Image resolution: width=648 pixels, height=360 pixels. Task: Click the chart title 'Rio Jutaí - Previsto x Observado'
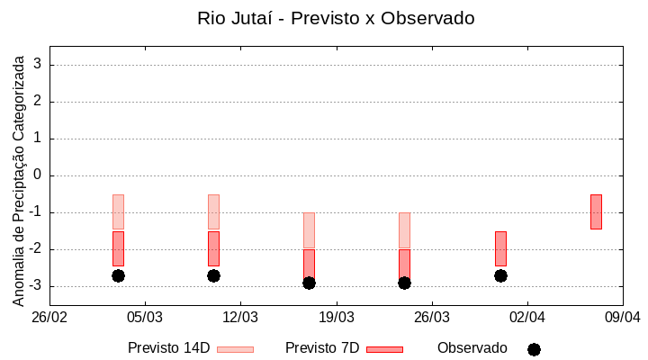[x=335, y=18]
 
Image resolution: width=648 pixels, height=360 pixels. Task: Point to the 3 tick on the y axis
[x=38, y=65]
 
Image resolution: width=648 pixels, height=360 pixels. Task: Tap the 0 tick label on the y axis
[x=38, y=175]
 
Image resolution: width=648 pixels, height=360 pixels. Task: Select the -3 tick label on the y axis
[x=35, y=286]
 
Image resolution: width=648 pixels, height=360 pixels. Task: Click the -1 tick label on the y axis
[x=35, y=212]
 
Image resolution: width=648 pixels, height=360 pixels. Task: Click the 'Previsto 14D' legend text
[x=168, y=348]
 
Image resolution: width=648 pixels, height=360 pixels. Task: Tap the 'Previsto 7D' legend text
[x=322, y=348]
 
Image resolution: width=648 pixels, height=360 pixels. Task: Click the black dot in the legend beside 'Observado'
[x=534, y=349]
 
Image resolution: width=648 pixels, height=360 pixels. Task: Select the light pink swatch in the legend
[x=235, y=349]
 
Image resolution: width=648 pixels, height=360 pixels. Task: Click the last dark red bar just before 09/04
[x=596, y=211]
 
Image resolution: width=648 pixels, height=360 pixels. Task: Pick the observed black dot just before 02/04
[x=500, y=275]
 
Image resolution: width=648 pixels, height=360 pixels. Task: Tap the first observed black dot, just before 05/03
[x=118, y=275]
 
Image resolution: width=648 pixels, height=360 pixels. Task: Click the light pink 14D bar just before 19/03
[x=309, y=230]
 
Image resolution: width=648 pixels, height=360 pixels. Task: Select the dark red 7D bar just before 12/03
[x=213, y=248]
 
